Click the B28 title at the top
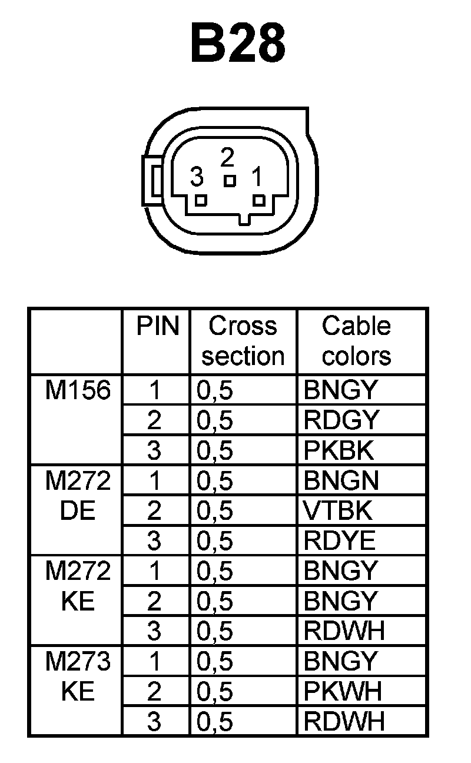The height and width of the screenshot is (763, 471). pos(238,44)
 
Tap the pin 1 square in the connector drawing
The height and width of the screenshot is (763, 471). pos(258,200)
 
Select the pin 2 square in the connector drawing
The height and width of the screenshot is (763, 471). pos(230,180)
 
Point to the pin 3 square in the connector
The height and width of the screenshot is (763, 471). pos(201,200)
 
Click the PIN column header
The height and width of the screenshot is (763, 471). pos(157,326)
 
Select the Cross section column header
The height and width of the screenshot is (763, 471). pos(243,341)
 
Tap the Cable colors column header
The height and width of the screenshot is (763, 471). pos(357,341)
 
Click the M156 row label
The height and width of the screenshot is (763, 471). pos(78,390)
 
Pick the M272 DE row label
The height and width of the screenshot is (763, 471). pos(78,496)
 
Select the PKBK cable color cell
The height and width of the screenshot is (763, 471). pos(339,450)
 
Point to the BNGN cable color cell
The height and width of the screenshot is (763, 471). pos(341,481)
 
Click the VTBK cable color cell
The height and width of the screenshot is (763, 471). pos(338,511)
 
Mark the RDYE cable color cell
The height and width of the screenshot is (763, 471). pos(340,541)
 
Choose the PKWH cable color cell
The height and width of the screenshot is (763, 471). pos(343,691)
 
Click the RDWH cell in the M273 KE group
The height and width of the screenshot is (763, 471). pos(344,721)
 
